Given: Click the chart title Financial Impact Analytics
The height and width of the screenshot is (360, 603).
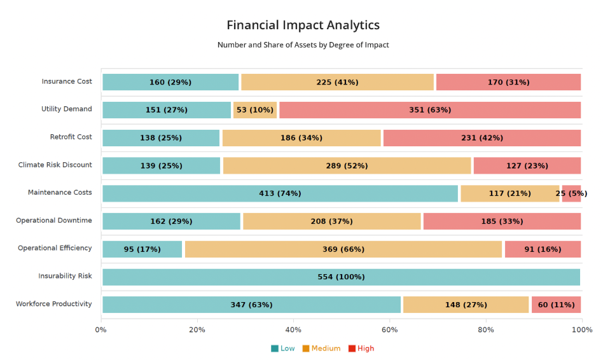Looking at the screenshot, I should pyautogui.click(x=303, y=25).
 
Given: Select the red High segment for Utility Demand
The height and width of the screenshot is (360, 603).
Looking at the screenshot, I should pyautogui.click(x=430, y=110).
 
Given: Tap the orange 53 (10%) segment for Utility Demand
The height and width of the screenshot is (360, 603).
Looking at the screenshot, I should pyautogui.click(x=255, y=110).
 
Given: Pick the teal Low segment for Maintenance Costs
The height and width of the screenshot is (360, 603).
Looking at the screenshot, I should pyautogui.click(x=280, y=193).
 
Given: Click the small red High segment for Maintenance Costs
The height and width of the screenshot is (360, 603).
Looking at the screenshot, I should pyautogui.click(x=571, y=193).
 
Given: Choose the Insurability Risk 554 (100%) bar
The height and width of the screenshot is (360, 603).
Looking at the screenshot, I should pyautogui.click(x=341, y=277).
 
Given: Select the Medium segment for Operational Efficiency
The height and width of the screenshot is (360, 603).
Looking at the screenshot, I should pyautogui.click(x=343, y=249).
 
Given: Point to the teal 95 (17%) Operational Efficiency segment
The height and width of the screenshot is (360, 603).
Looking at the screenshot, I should pyautogui.click(x=142, y=249).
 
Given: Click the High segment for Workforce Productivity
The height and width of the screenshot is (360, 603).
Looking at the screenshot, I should pyautogui.click(x=556, y=305).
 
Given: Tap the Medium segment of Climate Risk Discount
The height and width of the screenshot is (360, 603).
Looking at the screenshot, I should pyautogui.click(x=347, y=165).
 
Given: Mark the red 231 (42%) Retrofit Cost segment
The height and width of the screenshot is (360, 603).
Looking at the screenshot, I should pyautogui.click(x=482, y=138).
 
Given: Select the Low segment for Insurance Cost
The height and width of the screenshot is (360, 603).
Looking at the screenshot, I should pyautogui.click(x=170, y=82).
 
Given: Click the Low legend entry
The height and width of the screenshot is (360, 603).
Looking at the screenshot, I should pyautogui.click(x=283, y=349).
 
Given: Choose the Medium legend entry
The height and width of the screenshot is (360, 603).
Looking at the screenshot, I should pyautogui.click(x=321, y=349).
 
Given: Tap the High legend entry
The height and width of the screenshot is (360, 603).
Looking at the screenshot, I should pyautogui.click(x=361, y=349).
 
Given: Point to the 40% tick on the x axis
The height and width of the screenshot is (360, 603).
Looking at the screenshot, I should pyautogui.click(x=293, y=329).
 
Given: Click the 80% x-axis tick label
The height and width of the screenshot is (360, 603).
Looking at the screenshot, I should pyautogui.click(x=486, y=329).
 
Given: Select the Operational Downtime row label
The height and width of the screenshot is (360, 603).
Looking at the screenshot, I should pyautogui.click(x=54, y=221).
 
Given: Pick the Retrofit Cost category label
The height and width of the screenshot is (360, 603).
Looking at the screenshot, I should pyautogui.click(x=71, y=137).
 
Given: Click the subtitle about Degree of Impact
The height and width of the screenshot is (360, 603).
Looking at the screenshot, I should pyautogui.click(x=303, y=45).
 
